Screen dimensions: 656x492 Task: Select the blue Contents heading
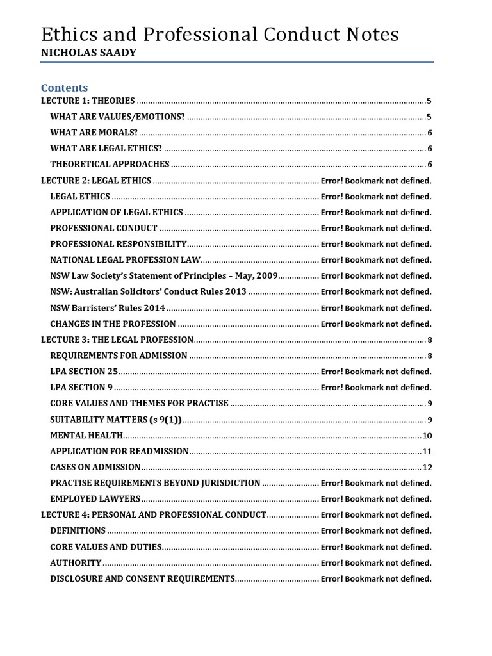pyautogui.click(x=65, y=87)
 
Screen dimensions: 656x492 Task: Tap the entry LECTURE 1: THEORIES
pyautogui.click(x=88, y=101)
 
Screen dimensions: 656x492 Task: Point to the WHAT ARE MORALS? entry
pyautogui.click(x=94, y=133)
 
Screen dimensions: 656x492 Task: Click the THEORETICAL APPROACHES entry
pyautogui.click(x=110, y=164)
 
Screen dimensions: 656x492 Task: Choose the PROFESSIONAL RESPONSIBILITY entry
pyautogui.click(x=119, y=244)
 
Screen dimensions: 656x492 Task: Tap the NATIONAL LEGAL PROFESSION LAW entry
pyautogui.click(x=126, y=260)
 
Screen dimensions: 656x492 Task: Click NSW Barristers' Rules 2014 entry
pyautogui.click(x=108, y=307)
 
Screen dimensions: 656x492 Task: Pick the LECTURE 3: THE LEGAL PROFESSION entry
pyautogui.click(x=117, y=340)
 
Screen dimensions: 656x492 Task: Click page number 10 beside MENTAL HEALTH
pyautogui.click(x=427, y=436)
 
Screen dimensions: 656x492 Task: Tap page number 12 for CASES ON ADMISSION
pyautogui.click(x=427, y=467)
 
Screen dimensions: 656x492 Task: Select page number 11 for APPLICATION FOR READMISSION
pyautogui.click(x=427, y=451)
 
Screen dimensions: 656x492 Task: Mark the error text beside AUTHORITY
pyautogui.click(x=376, y=563)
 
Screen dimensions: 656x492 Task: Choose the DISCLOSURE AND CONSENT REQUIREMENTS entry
pyautogui.click(x=142, y=578)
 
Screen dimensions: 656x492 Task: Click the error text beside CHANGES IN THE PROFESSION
pyautogui.click(x=376, y=324)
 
